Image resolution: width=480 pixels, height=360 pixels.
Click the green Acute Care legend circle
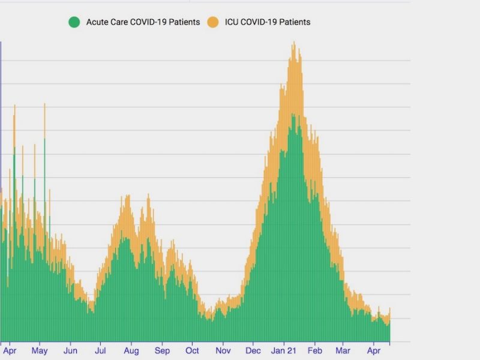click(74, 22)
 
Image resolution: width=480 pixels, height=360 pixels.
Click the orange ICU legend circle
click(212, 22)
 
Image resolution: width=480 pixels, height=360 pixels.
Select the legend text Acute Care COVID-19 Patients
click(143, 22)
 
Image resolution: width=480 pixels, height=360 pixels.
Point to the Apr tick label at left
click(10, 350)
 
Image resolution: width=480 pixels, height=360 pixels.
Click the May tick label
click(40, 350)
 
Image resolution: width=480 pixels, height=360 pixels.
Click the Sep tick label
click(162, 350)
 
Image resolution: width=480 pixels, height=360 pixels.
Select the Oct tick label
click(192, 350)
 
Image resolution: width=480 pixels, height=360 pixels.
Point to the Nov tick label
click(223, 350)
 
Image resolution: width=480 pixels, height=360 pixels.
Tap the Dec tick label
click(253, 350)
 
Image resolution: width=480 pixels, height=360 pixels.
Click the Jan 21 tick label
click(284, 350)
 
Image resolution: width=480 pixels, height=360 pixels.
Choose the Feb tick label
click(315, 350)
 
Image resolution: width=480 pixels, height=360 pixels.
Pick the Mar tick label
click(343, 350)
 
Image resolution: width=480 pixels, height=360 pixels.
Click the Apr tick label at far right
click(374, 350)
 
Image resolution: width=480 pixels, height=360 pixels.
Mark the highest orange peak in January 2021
click(293, 43)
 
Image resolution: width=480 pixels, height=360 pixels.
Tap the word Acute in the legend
click(98, 22)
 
